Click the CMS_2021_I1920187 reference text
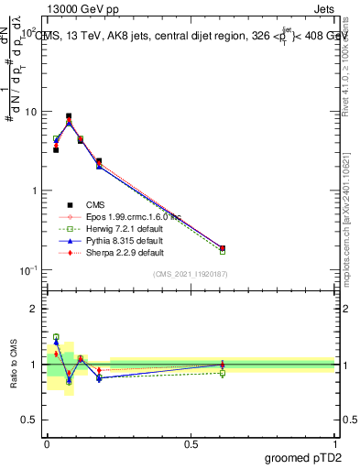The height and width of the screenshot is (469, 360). coord(190,274)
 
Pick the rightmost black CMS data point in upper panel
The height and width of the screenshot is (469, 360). coord(223,248)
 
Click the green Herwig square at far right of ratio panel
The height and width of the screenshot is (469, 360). coord(223,373)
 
